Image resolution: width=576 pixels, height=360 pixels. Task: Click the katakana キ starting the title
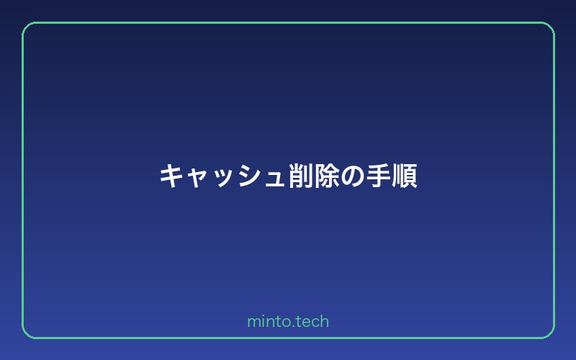pyautogui.click(x=171, y=176)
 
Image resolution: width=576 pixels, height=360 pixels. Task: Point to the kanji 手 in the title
pyautogui.click(x=379, y=176)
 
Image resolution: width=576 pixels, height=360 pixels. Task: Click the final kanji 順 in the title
pyautogui.click(x=405, y=176)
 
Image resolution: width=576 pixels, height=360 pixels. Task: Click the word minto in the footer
pyautogui.click(x=266, y=321)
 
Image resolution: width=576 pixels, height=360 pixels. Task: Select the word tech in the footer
pyautogui.click(x=310, y=321)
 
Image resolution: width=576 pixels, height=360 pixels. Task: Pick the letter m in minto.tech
pyautogui.click(x=253, y=323)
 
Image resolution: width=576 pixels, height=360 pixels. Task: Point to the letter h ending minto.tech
pyautogui.click(x=325, y=321)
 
